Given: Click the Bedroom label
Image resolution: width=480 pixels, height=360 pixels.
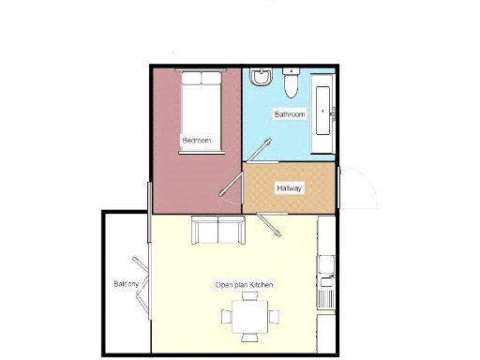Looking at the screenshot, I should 196,141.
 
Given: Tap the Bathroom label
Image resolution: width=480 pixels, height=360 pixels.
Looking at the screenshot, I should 289,114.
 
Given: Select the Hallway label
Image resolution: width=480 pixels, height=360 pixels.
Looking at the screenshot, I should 289,188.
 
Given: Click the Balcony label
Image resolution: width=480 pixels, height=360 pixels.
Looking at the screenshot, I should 127,283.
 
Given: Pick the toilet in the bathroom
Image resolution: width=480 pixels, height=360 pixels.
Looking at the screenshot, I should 291,84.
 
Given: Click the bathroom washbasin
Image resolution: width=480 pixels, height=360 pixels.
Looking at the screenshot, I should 262,77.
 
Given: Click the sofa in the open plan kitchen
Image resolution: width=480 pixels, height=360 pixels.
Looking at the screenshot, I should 217,230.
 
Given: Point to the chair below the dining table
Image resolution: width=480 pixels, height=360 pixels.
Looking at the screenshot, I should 250,338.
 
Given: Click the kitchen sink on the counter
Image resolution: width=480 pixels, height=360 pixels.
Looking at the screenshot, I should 325,278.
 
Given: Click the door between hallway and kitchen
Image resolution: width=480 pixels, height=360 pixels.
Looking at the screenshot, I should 274,225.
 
